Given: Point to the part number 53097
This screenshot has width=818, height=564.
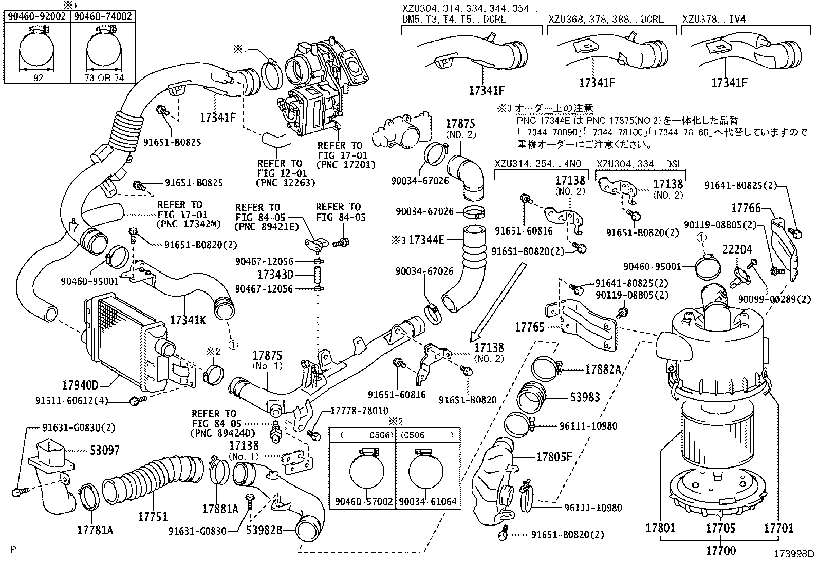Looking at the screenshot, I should (x=104, y=450).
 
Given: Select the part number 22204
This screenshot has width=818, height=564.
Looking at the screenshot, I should (x=737, y=250).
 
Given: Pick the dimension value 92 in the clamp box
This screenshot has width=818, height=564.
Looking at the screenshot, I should (x=38, y=78).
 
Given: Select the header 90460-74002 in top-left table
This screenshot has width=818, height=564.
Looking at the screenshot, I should (x=103, y=16).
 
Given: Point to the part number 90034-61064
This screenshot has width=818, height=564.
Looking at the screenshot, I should (x=427, y=501).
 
